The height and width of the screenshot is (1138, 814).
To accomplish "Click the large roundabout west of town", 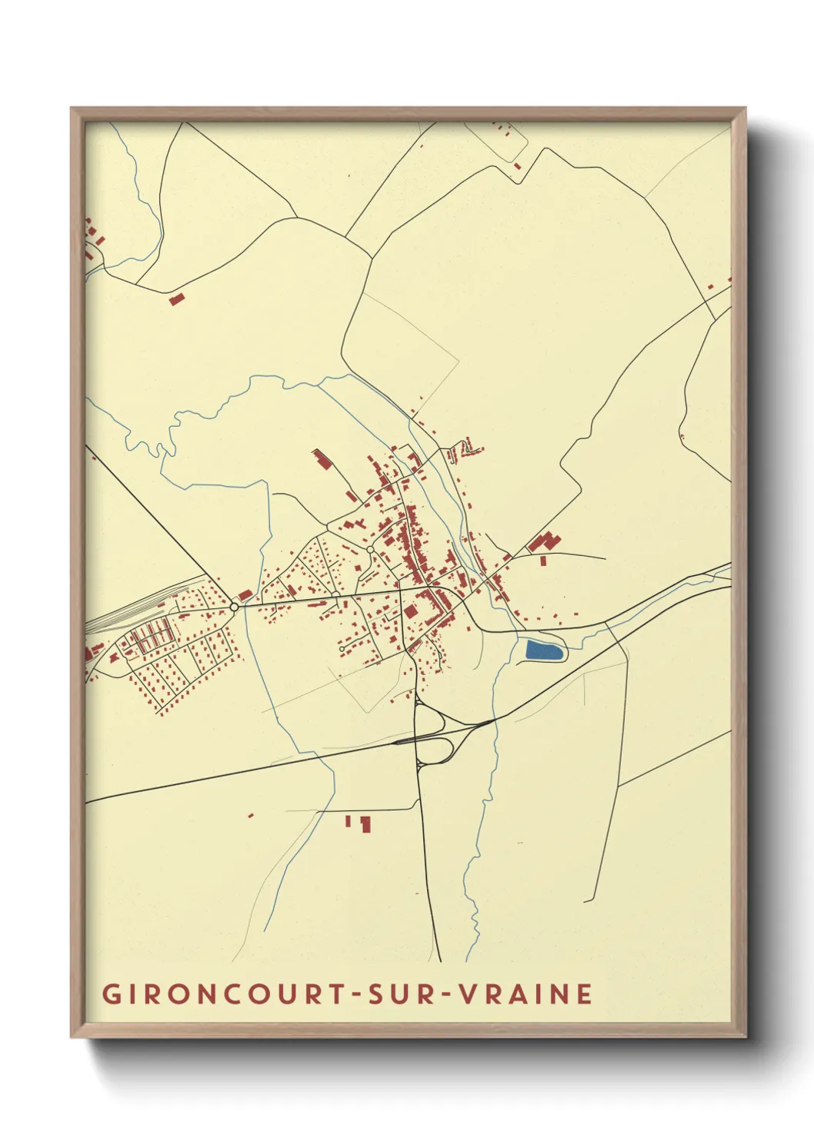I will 234,607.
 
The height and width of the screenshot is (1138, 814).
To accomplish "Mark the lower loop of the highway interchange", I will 435,749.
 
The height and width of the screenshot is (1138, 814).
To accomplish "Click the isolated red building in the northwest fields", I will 177,298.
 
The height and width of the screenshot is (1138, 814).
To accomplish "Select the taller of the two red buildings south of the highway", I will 365,824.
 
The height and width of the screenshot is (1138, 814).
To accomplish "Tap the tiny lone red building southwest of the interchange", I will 251,814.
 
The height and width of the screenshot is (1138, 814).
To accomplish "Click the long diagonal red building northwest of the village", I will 320,460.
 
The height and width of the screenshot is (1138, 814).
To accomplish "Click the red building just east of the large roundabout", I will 245,595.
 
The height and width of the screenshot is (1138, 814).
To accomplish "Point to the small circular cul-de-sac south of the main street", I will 342,649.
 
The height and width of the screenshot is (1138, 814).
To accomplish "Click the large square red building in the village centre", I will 410,612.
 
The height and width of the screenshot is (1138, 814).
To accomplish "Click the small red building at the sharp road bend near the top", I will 518,165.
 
